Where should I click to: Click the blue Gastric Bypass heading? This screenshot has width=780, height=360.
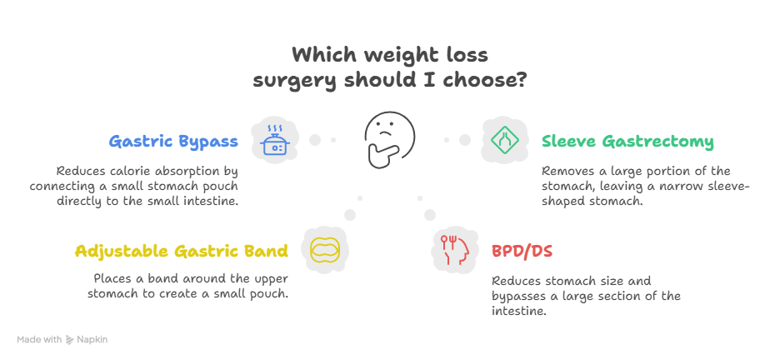point(173,142)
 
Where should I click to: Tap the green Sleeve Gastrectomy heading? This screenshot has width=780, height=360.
point(627,142)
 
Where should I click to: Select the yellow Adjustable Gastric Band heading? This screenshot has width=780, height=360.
point(181,251)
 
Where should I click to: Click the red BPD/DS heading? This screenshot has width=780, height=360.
point(522,251)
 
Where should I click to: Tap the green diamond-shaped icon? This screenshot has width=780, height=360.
point(504,138)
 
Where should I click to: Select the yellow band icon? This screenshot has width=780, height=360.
point(324,250)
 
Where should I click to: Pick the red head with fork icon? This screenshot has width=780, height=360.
point(456,250)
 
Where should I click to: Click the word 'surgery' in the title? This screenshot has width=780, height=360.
point(294,82)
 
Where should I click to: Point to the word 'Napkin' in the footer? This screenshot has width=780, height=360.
point(92,340)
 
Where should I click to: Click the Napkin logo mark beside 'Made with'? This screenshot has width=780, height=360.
point(69,340)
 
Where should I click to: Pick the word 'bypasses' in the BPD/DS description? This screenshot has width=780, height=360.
point(518,296)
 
